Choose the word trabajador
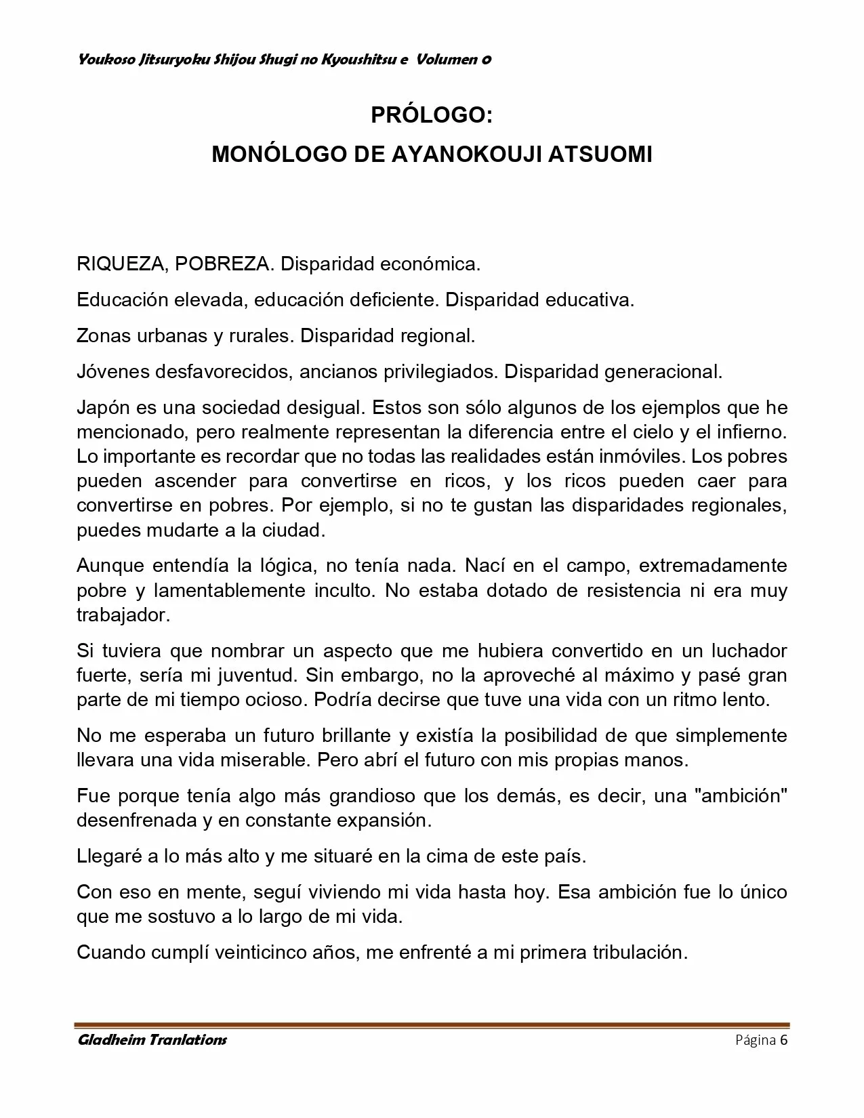(123, 615)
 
